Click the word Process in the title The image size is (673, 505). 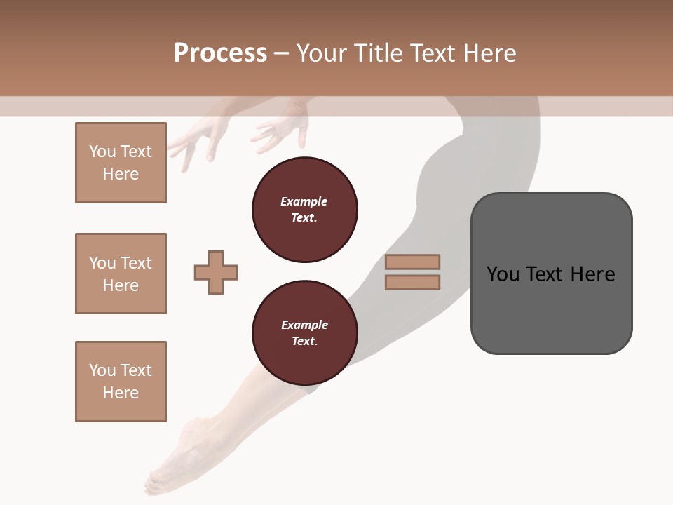(220, 53)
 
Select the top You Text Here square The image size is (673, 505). (121, 163)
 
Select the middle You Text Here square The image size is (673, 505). (121, 274)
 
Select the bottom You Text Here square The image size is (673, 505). (121, 382)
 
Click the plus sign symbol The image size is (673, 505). (216, 272)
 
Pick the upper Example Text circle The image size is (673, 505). (304, 210)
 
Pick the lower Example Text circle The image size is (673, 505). (304, 333)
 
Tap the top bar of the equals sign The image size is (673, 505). (412, 262)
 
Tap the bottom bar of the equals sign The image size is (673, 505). (412, 282)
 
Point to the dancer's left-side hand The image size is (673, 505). (200, 140)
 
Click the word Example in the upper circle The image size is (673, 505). (304, 201)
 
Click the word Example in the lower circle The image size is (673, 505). (304, 325)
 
